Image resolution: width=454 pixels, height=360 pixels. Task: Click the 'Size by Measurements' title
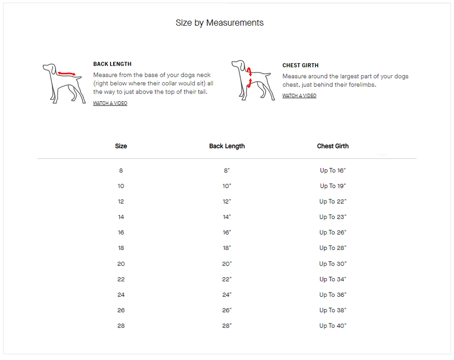pyautogui.click(x=220, y=23)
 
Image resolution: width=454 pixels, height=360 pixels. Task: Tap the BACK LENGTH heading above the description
pyautogui.click(x=112, y=64)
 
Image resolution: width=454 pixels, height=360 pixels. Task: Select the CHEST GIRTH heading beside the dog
pyautogui.click(x=300, y=65)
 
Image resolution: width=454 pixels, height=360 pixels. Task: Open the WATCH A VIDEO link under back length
pyautogui.click(x=110, y=103)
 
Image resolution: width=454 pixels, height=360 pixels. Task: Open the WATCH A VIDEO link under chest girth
pyautogui.click(x=299, y=96)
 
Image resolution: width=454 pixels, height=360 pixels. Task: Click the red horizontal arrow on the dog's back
pyautogui.click(x=67, y=74)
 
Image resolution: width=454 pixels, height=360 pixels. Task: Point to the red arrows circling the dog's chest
pyautogui.click(x=249, y=77)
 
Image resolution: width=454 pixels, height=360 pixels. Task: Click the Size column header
pyautogui.click(x=121, y=146)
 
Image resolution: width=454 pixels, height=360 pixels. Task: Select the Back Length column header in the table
pyautogui.click(x=227, y=146)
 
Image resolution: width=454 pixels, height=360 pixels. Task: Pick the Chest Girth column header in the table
pyautogui.click(x=333, y=146)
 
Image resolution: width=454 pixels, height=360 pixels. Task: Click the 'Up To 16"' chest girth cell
pyautogui.click(x=333, y=171)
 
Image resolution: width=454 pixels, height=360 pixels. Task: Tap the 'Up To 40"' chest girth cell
pyautogui.click(x=333, y=326)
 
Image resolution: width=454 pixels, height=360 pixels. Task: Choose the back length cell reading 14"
pyautogui.click(x=227, y=217)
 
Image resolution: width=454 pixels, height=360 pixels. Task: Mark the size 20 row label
pyautogui.click(x=121, y=264)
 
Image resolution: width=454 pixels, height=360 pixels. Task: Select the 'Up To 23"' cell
pyautogui.click(x=333, y=217)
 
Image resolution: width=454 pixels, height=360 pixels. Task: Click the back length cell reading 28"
pyautogui.click(x=227, y=326)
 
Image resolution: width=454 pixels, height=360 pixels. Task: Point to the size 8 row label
pyautogui.click(x=121, y=171)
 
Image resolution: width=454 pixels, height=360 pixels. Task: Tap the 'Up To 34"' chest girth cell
pyautogui.click(x=333, y=279)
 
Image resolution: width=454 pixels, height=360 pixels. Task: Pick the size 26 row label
pyautogui.click(x=121, y=310)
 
